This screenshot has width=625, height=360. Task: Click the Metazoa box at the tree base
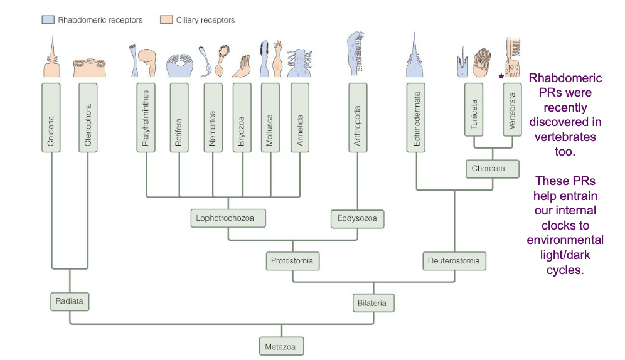(281, 346)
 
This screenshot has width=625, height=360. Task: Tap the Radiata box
(70, 301)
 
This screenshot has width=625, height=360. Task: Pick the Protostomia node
(292, 260)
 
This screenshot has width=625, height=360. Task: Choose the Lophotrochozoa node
(228, 218)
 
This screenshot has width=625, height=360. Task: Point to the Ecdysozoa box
(357, 219)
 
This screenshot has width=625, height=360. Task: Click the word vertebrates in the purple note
(565, 137)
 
